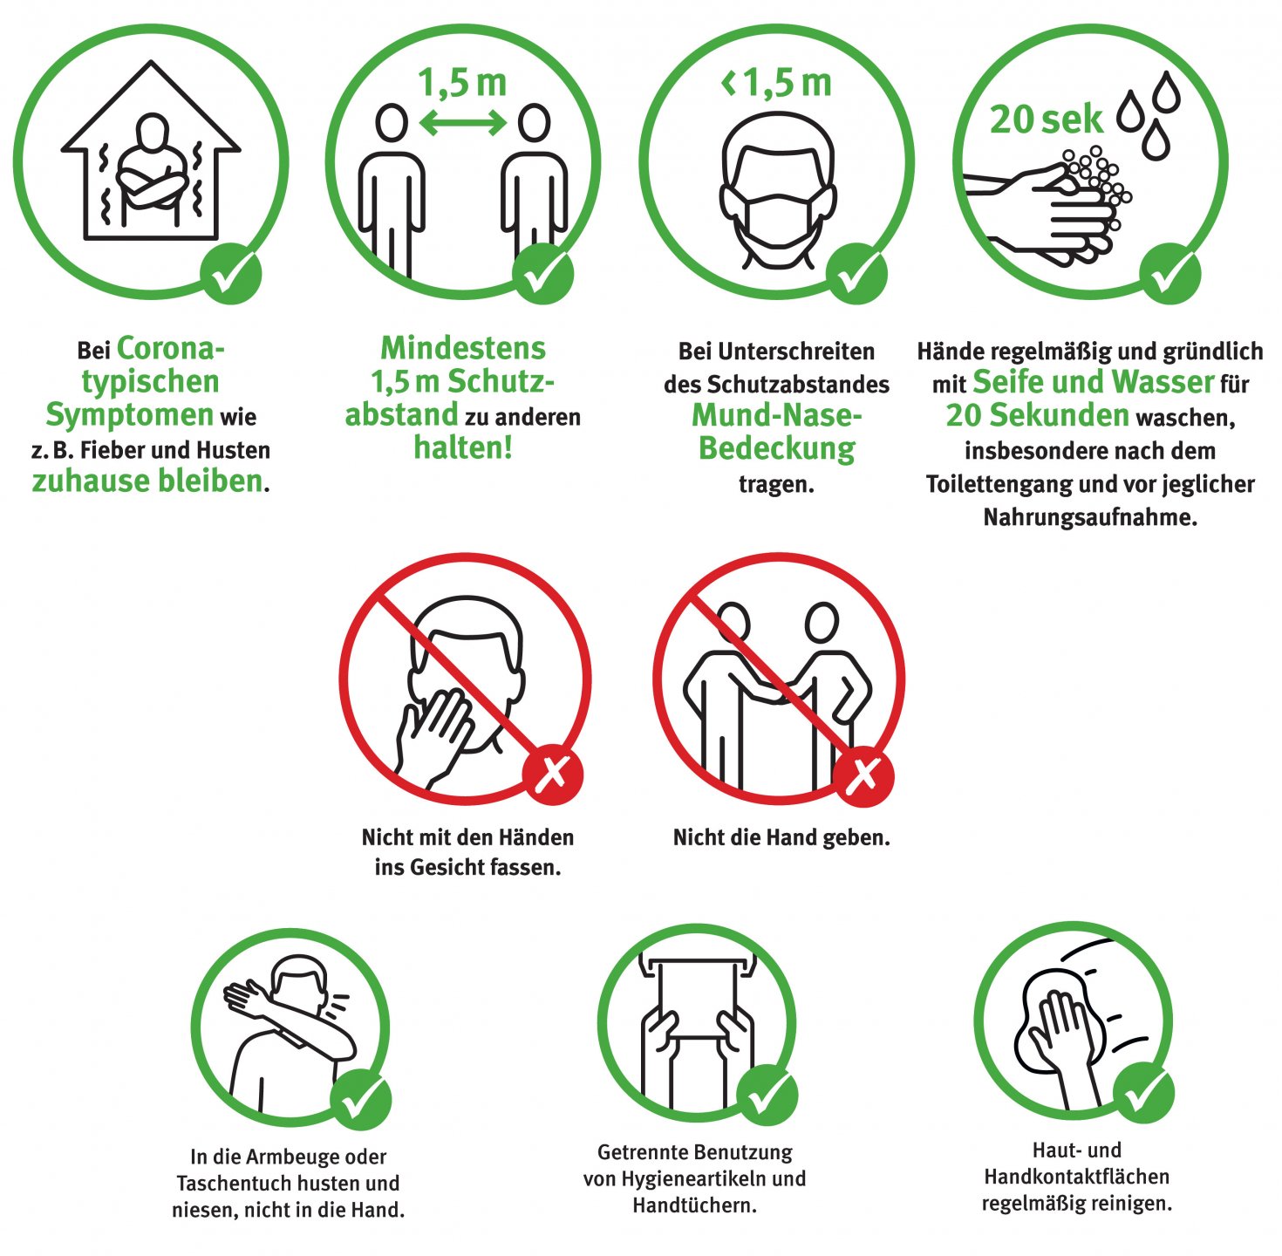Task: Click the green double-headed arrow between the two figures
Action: (463, 123)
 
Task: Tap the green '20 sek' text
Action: (1047, 119)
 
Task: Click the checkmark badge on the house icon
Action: (231, 274)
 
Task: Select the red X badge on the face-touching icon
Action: (553, 775)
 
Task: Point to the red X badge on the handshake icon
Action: (863, 775)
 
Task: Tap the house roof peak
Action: (151, 63)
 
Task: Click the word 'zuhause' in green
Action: (92, 481)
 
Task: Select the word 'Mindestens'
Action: (463, 348)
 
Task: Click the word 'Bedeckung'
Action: (776, 448)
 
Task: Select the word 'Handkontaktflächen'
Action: (1076, 1177)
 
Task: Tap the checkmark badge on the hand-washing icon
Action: (1170, 274)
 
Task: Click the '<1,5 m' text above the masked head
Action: (776, 84)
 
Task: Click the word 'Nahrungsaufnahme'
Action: (1090, 517)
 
